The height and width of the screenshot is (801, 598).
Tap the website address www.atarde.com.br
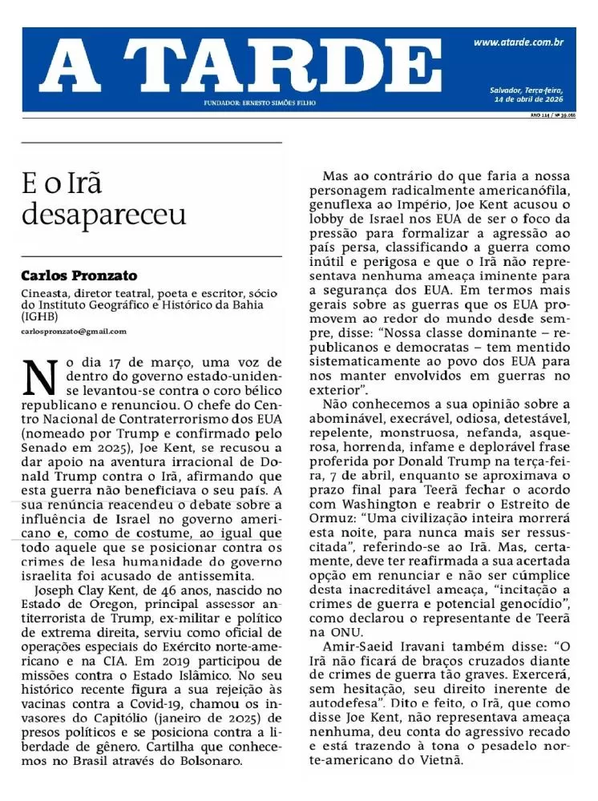pos(519,42)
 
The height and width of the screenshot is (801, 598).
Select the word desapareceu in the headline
pos(104,214)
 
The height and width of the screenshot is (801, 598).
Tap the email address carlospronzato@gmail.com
pos(74,331)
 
